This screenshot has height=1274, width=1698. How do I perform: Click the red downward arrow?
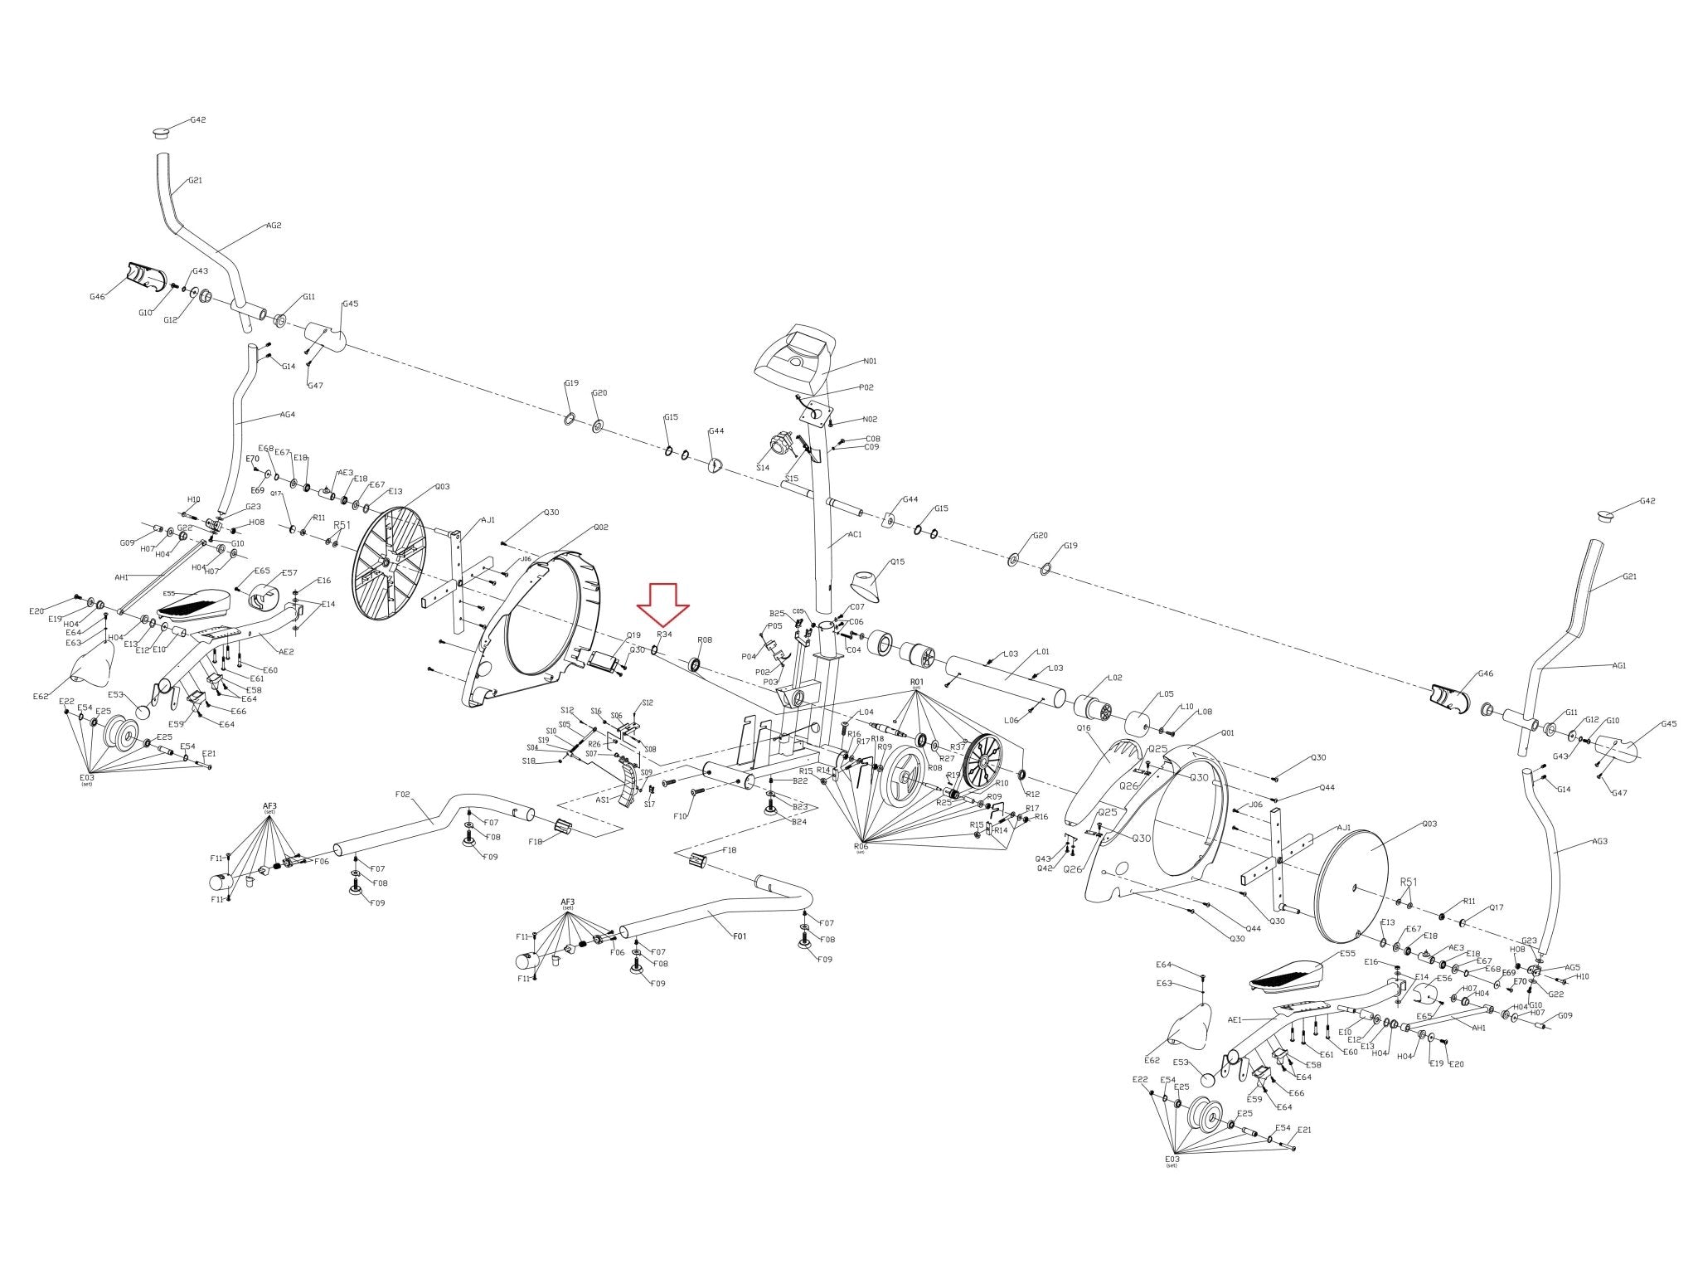[x=663, y=603]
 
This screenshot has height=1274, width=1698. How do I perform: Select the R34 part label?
[x=665, y=634]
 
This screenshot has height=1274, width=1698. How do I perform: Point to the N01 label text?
[x=870, y=361]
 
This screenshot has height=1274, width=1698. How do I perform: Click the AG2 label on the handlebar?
[x=274, y=226]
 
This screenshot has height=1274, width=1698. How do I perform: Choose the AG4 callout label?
[x=288, y=415]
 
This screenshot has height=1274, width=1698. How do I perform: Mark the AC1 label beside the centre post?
[x=856, y=534]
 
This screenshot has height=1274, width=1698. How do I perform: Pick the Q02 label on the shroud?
[x=601, y=528]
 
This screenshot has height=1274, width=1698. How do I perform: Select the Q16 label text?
[x=1083, y=727]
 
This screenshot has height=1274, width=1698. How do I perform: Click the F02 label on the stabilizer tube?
[x=403, y=794]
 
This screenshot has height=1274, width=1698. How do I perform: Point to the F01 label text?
[x=740, y=936]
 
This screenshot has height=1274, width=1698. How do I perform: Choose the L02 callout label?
[x=1115, y=678]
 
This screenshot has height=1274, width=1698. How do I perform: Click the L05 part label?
[x=1167, y=694]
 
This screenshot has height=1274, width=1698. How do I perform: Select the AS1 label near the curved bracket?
[x=603, y=800]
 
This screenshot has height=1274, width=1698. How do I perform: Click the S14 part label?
[x=763, y=468]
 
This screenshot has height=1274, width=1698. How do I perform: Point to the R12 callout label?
[x=1032, y=795]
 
